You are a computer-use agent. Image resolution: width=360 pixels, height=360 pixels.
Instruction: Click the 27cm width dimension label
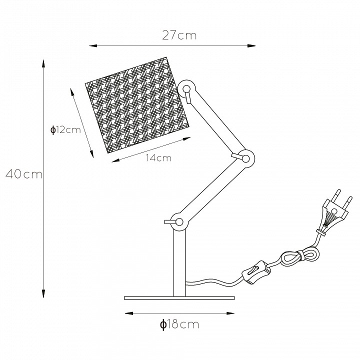179,35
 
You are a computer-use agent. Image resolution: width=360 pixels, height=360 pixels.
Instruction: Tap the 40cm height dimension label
24,174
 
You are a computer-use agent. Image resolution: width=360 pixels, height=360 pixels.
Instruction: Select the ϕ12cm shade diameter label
65,130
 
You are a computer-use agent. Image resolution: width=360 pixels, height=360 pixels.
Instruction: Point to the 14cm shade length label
159,158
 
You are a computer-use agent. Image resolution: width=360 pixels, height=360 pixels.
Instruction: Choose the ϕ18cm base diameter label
179,324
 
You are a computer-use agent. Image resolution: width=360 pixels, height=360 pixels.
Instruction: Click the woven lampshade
137,105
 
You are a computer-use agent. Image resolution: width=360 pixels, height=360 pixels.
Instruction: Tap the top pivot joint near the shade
186,89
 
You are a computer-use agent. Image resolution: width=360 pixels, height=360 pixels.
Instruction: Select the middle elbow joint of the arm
245,158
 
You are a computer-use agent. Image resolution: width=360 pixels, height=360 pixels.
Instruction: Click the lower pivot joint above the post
179,222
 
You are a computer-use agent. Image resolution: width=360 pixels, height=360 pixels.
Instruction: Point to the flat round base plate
179,298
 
